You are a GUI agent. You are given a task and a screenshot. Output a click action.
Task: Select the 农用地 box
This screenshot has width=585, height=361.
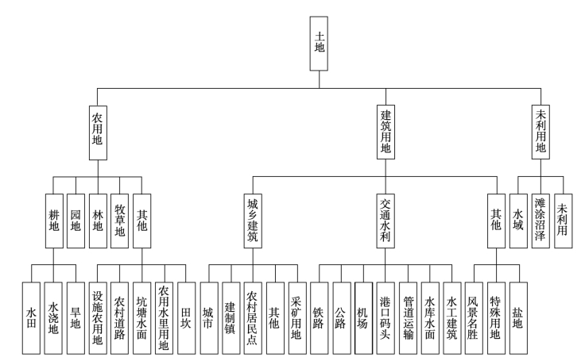coord(99,130)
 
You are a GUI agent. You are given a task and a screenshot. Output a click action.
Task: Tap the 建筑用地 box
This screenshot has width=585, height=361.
coord(386,130)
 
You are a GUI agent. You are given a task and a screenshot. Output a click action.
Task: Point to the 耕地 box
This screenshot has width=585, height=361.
coord(54,215)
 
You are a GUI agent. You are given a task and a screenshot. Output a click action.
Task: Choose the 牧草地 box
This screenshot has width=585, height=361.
coord(120,214)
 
